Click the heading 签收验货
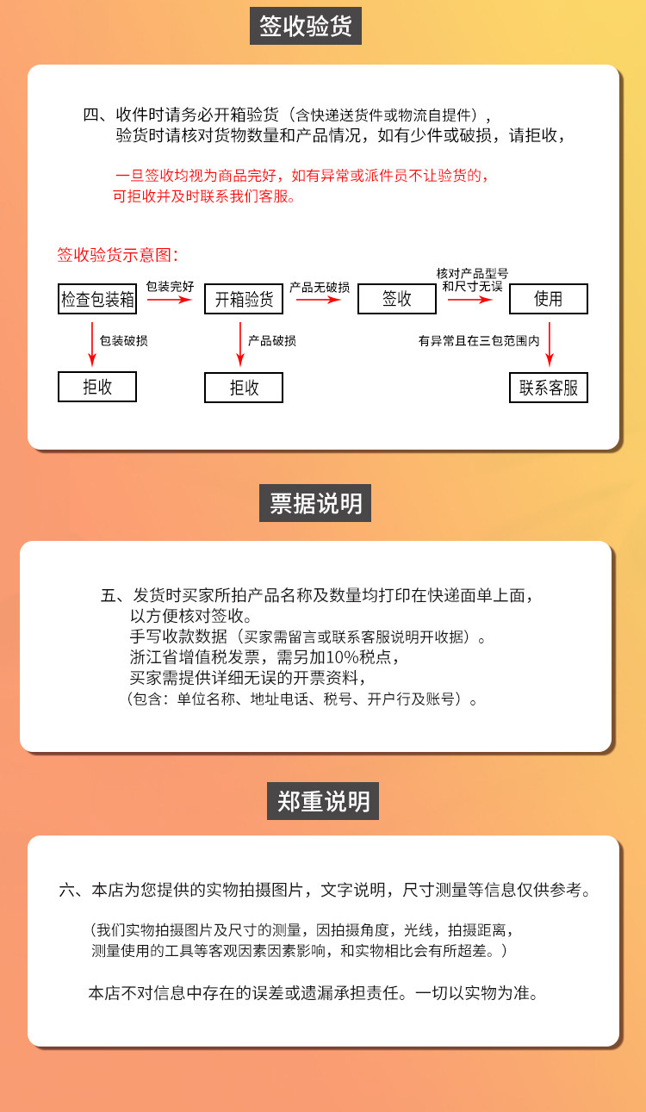306,26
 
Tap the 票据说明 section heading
315,503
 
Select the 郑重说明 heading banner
323,802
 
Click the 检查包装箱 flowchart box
97,299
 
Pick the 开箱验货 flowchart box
244,299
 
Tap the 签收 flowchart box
396,299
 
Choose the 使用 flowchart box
549,299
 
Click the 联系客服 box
549,388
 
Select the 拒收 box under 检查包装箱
97,388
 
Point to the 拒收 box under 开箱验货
244,388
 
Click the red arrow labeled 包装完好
170,301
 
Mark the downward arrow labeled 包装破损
91,340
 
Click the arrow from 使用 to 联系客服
550,343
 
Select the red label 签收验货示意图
117,255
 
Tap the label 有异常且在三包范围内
479,341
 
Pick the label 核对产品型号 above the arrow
472,273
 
